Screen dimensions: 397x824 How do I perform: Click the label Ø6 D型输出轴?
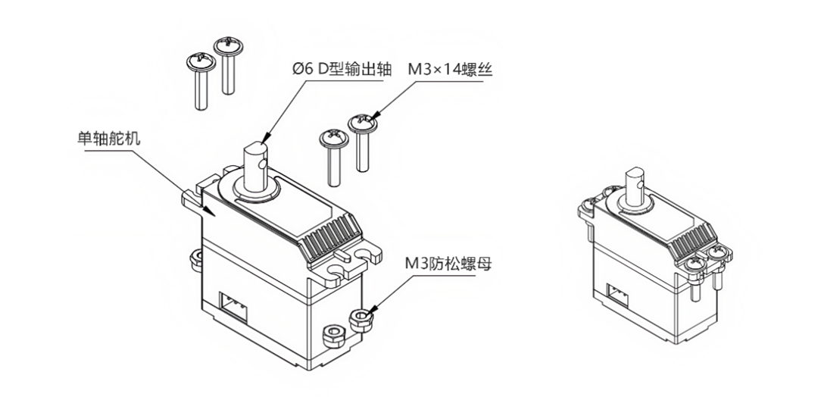[x=343, y=69]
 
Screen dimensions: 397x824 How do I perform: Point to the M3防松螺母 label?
[x=446, y=264]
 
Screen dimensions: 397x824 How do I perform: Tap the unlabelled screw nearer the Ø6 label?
[x=228, y=64]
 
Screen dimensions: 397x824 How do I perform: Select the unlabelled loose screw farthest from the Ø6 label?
[x=198, y=80]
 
